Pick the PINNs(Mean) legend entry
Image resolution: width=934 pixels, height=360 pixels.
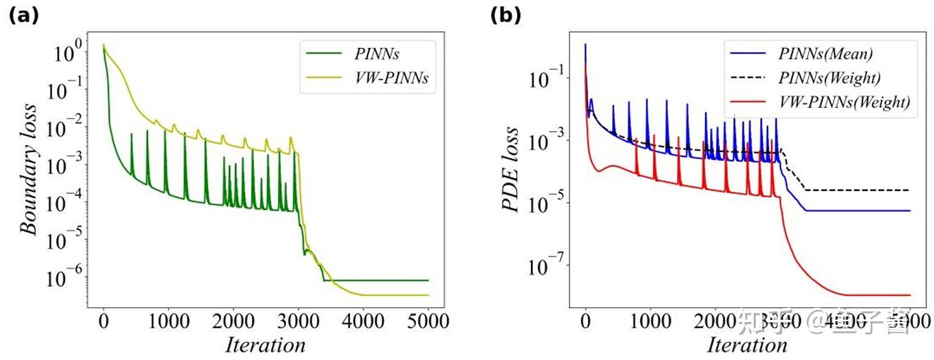pos(826,54)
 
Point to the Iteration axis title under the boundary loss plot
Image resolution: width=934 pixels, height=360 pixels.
pos(265,345)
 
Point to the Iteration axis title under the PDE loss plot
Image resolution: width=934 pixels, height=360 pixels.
pos(747,345)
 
